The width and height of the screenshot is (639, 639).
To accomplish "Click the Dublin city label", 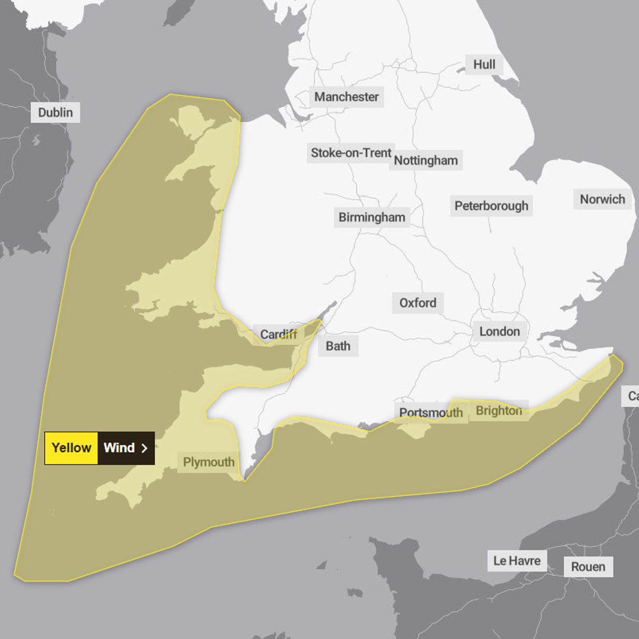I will (x=55, y=112).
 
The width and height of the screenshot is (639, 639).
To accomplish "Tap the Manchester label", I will (x=346, y=97).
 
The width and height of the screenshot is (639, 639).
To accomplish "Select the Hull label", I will (x=484, y=64).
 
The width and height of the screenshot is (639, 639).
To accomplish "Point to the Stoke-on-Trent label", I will (x=351, y=153).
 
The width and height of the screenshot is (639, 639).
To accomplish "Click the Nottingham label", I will (x=426, y=160).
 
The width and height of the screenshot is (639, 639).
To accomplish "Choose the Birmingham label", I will (x=372, y=217).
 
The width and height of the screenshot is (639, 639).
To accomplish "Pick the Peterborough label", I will (x=491, y=206).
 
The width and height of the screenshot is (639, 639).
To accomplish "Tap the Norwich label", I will (x=602, y=199).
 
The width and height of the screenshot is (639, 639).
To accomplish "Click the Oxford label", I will (x=417, y=303).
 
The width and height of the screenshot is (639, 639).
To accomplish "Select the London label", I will (x=499, y=332).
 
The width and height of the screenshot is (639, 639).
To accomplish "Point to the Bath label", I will (x=338, y=346).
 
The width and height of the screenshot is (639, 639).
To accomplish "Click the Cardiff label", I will (x=278, y=334).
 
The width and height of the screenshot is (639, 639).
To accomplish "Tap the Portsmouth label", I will (x=431, y=413).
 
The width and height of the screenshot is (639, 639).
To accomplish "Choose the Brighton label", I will (x=499, y=411).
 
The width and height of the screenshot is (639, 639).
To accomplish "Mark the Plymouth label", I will (x=209, y=462).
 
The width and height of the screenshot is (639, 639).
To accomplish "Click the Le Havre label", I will (x=517, y=561).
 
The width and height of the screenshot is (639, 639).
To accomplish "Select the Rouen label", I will (x=588, y=567).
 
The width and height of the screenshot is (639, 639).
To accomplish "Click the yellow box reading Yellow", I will (x=71, y=448).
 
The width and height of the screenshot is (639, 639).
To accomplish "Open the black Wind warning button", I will (x=119, y=448).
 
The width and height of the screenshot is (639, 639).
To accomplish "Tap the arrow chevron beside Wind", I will (x=144, y=448).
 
